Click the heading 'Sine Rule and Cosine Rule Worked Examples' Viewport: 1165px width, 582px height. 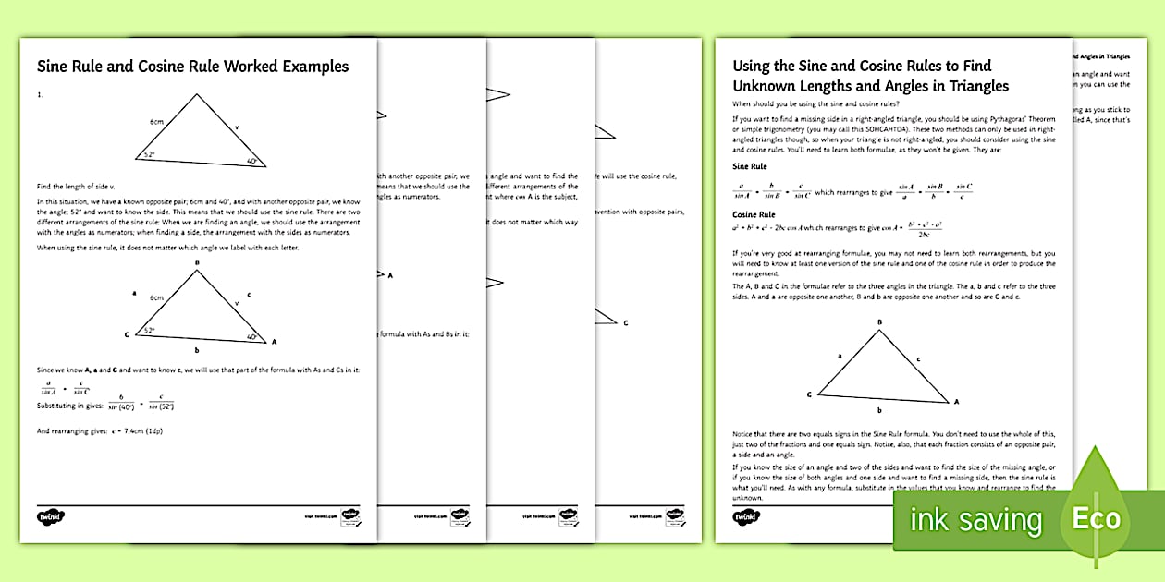click(192, 67)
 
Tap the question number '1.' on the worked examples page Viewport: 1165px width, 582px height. click(40, 94)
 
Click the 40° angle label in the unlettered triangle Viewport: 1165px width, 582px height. click(251, 161)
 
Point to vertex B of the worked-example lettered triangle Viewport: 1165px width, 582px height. click(197, 263)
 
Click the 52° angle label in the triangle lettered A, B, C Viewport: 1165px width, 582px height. click(149, 330)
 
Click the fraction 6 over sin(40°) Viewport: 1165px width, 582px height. click(118, 401)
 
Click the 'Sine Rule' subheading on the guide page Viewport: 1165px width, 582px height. click(749, 167)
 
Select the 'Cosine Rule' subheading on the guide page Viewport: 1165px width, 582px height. click(754, 214)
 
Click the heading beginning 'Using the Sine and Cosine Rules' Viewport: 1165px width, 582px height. click(870, 76)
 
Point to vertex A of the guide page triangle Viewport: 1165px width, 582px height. click(956, 402)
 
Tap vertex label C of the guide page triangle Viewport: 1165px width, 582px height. click(809, 394)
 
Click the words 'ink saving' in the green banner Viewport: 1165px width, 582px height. click(975, 520)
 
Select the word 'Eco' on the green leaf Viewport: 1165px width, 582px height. click(1097, 518)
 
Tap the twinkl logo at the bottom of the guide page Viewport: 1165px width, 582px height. click(745, 518)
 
